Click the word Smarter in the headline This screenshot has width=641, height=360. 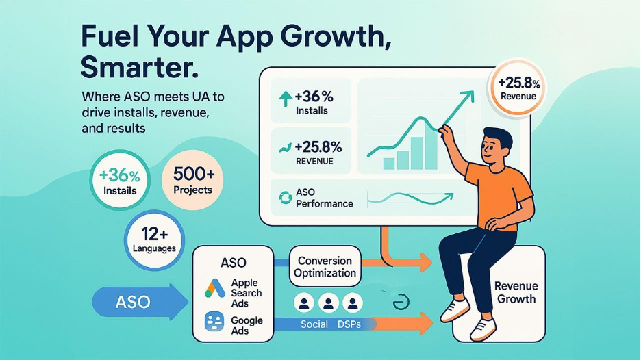[x=139, y=68]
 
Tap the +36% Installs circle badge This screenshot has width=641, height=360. [x=120, y=180]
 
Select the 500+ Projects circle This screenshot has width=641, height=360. [x=192, y=180]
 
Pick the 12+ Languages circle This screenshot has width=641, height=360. [x=155, y=240]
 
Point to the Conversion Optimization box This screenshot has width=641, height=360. [x=325, y=266]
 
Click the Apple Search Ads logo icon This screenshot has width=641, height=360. [x=215, y=288]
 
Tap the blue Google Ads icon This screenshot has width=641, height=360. [x=214, y=322]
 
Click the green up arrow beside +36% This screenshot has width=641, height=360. [x=286, y=99]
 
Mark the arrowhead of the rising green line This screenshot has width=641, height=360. [x=469, y=97]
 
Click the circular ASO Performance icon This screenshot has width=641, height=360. [x=286, y=198]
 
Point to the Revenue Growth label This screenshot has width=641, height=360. [x=516, y=292]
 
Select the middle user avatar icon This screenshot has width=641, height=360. [x=328, y=303]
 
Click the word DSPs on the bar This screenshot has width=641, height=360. [x=349, y=324]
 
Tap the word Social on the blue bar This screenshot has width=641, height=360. [x=314, y=324]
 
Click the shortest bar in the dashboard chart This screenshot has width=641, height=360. [x=389, y=164]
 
